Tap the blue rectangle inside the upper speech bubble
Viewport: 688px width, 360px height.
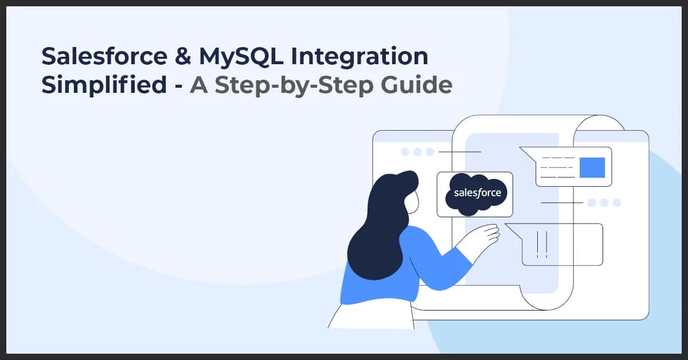(592, 167)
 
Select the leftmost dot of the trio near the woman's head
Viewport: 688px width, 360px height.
(405, 152)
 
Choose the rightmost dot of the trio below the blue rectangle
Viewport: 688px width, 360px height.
(617, 202)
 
